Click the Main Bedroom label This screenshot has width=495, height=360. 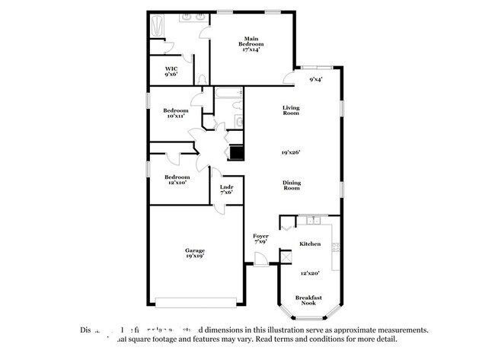coord(251,44)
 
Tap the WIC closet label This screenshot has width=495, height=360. coord(171,72)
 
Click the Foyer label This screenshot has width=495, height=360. coord(260,239)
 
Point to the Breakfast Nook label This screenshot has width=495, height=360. coord(308,301)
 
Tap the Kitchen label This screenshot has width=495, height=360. coord(309,244)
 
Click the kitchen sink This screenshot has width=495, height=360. coord(311,221)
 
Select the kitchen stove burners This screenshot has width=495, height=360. coord(335,247)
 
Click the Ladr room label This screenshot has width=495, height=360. coord(226,189)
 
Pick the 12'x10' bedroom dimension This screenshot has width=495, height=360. coord(176,183)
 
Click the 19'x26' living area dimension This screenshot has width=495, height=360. coord(291,152)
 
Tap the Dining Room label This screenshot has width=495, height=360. coord(291,184)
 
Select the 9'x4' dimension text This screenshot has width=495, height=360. coord(315,79)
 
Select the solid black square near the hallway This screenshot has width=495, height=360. coord(237,152)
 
